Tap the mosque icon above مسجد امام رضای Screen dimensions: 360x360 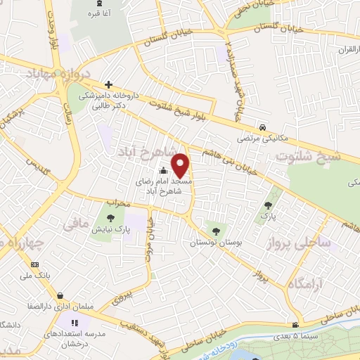pyautogui.click(x=163, y=169)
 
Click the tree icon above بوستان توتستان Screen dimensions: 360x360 pyautogui.click(x=215, y=230)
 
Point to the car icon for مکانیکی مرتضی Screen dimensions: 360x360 pyautogui.click(x=262, y=128)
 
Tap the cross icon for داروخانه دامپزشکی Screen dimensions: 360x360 pyautogui.click(x=107, y=84)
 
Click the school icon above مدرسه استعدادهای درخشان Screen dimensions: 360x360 pyautogui.click(x=75, y=322)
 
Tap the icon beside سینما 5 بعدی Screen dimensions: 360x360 pyautogui.click(x=295, y=324)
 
